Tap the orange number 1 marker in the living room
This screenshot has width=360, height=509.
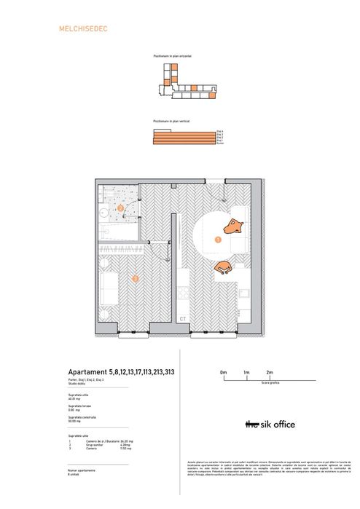218,238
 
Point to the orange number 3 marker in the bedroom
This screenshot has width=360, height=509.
134,277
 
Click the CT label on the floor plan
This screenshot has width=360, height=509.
182,318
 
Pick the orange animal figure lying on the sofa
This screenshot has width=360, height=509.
235,225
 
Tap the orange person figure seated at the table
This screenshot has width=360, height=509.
223,267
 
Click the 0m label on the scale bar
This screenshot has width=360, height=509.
224,372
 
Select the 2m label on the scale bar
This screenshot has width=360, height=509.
269,372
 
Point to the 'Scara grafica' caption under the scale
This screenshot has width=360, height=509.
247,387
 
